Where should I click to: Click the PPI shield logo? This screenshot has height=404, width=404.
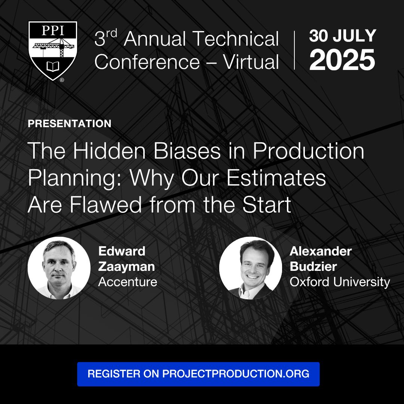click(53, 50)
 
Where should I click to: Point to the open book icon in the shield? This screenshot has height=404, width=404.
click(53, 67)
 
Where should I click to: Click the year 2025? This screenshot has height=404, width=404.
click(342, 59)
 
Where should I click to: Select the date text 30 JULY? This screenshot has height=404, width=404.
click(343, 36)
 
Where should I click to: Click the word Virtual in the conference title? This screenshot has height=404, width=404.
click(251, 62)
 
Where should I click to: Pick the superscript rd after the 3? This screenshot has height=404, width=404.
click(111, 33)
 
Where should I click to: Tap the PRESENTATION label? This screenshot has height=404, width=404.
click(70, 123)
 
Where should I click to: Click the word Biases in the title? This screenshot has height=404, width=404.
click(187, 151)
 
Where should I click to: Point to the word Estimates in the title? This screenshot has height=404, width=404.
click(276, 178)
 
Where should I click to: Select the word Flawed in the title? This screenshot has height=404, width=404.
click(105, 205)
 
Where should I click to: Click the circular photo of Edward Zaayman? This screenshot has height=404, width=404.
click(59, 268)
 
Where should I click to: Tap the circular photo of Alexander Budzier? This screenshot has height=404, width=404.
click(251, 268)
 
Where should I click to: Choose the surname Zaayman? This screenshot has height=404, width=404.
click(126, 266)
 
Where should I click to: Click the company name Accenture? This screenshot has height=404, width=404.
click(128, 282)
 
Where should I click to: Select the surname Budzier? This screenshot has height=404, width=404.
click(313, 266)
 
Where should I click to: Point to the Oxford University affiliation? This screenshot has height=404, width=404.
click(340, 282)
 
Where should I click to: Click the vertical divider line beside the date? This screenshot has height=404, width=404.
click(294, 50)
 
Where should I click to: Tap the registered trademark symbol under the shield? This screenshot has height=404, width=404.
click(62, 80)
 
